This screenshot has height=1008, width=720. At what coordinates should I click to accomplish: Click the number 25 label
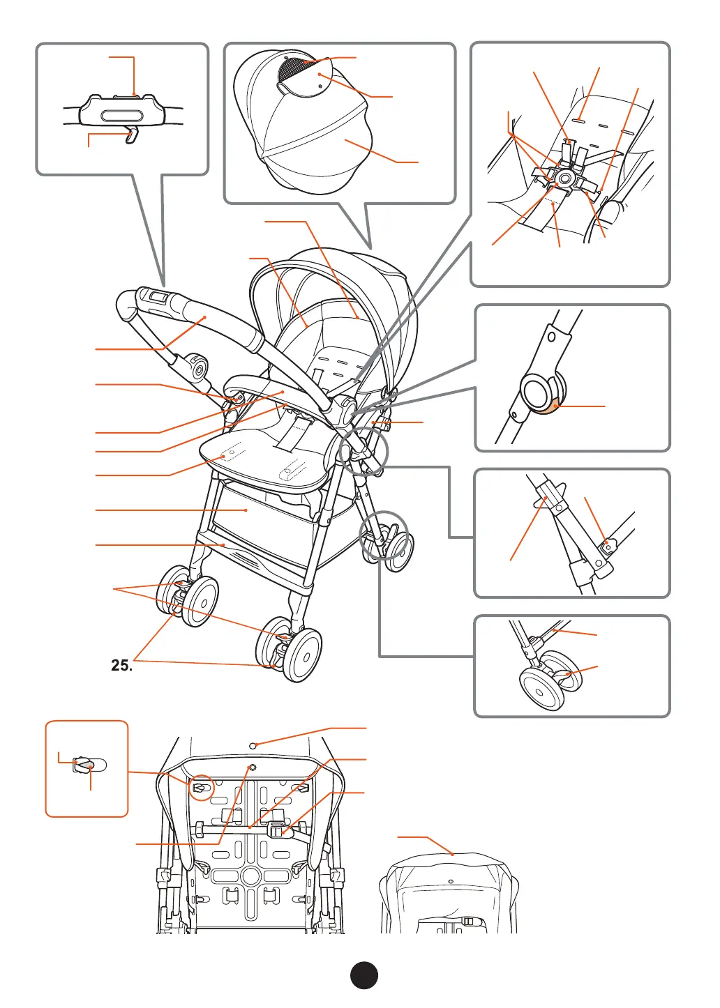click(x=121, y=665)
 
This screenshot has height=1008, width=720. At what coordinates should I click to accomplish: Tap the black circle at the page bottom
click(x=363, y=976)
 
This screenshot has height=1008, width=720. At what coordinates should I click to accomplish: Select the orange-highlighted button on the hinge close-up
click(x=556, y=407)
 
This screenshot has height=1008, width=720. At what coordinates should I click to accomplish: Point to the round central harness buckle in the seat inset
click(x=564, y=178)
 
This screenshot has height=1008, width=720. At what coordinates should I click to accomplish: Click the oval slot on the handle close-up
click(x=122, y=116)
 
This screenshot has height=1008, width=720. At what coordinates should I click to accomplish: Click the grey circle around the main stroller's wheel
click(x=383, y=535)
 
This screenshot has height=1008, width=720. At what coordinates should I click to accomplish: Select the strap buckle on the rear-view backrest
click(x=277, y=830)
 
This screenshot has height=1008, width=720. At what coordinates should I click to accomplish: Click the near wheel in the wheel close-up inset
click(x=541, y=690)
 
